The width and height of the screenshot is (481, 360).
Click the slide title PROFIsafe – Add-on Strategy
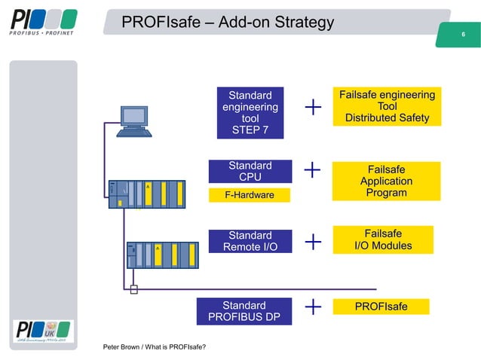tap(227, 23)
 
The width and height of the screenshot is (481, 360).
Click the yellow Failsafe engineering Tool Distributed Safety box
tap(387, 106)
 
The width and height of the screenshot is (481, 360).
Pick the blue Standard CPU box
tap(250, 171)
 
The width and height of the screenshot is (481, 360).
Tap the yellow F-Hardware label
tap(250, 196)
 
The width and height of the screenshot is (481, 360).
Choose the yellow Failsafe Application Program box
tap(386, 182)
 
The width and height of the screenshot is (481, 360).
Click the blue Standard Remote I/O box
tap(250, 241)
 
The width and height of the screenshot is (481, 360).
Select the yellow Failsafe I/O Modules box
tap(382, 239)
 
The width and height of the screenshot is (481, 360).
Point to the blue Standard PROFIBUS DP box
tap(244, 311)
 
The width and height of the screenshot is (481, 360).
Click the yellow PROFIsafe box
tap(381, 307)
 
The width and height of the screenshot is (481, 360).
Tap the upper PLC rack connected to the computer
tap(146, 193)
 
